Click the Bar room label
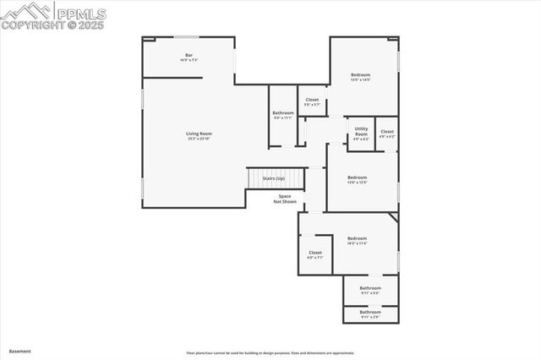tap(189, 55)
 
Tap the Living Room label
tap(199, 134)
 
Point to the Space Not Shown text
tap(285, 199)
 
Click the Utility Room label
tap(361, 133)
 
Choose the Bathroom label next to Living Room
tap(283, 113)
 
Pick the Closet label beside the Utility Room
tap(387, 132)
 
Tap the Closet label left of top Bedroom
tap(313, 100)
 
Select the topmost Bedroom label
tap(361, 75)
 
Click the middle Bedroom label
tap(358, 177)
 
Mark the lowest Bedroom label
tap(358, 238)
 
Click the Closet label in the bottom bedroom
tap(315, 253)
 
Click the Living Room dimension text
tap(199, 139)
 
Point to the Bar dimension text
tap(189, 60)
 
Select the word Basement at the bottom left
tap(19, 351)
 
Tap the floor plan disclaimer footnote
tap(270, 353)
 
